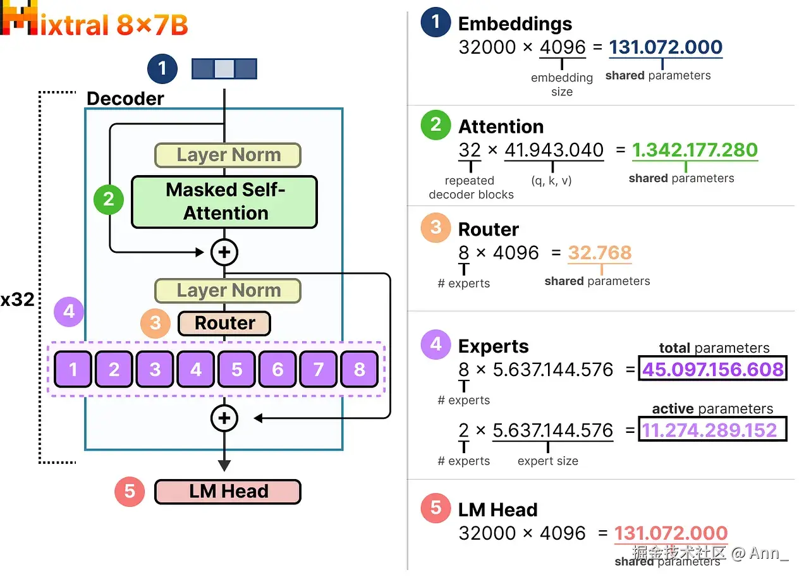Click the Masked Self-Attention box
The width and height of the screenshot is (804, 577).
click(224, 202)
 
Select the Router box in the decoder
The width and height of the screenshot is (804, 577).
click(224, 323)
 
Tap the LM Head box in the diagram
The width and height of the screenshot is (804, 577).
click(228, 491)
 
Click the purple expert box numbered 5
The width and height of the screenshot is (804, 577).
click(236, 369)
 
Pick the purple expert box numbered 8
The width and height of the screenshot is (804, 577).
click(359, 369)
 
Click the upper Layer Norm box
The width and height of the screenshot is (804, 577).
click(228, 155)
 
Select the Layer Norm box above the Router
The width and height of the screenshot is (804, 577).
click(228, 291)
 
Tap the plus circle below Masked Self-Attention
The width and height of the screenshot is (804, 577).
click(224, 252)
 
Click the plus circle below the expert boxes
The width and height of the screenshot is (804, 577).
click(224, 418)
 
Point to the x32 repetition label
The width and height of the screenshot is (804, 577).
click(17, 300)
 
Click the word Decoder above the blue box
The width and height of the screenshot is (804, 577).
click(125, 99)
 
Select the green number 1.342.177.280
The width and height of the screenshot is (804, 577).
click(695, 150)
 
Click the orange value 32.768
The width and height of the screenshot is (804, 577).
click(600, 253)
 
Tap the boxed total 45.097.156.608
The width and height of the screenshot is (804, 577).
click(712, 369)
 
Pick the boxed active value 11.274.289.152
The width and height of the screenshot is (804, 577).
click(712, 430)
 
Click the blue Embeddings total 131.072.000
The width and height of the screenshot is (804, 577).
click(666, 47)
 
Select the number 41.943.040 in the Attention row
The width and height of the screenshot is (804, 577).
click(554, 150)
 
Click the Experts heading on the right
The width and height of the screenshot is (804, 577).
click(494, 346)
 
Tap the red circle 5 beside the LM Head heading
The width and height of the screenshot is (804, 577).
click(435, 507)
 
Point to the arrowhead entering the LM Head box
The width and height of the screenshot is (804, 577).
click(224, 465)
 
